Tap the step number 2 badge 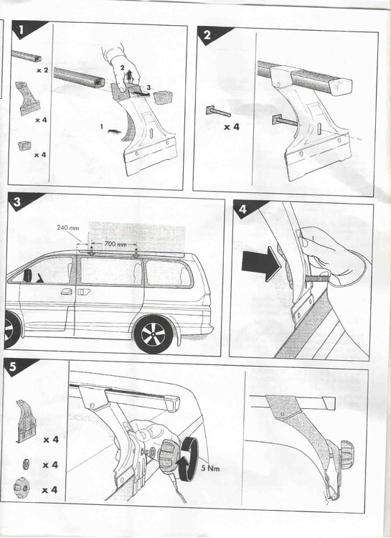coord(208,34)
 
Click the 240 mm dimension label coord(68,227)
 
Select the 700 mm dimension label coord(116,245)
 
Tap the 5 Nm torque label coord(210,468)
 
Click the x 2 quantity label coord(42,70)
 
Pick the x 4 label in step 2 coord(232,127)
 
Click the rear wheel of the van coord(154,335)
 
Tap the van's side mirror coord(27,275)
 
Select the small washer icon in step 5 coord(26,464)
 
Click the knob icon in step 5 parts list coord(22,487)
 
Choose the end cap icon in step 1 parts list coord(25,146)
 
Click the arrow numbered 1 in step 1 coord(114,131)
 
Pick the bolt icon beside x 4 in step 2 coord(217,111)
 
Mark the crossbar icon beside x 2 coord(27,56)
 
